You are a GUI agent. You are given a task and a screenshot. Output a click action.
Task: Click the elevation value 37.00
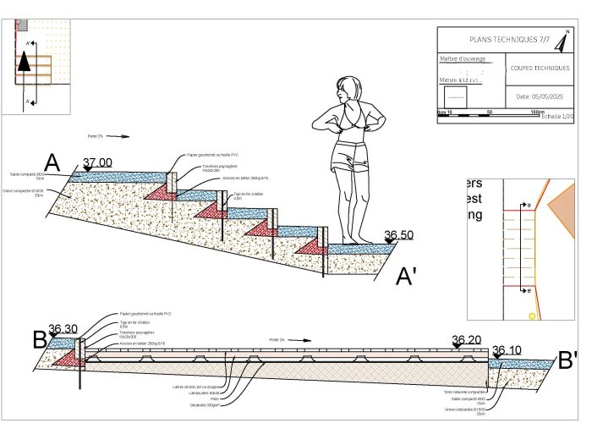point(97,162)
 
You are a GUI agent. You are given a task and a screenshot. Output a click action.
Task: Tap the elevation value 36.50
point(400,235)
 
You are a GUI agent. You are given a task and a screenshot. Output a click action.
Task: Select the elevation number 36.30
point(63,330)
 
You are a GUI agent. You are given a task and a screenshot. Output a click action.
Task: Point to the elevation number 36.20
point(466,341)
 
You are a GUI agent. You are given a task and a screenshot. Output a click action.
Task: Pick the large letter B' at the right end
point(569,359)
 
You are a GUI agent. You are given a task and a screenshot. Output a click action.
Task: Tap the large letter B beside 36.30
point(39,340)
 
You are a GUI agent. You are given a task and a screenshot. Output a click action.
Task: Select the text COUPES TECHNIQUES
point(540,69)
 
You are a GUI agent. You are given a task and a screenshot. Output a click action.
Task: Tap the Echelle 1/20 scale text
point(559,116)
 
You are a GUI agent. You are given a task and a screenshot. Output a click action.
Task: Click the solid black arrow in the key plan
point(25,61)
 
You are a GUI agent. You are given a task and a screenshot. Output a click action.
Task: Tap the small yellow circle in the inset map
point(532,316)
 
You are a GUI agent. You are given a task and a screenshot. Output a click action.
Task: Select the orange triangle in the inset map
point(562,204)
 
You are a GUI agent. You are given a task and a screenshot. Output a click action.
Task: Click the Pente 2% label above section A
point(95,136)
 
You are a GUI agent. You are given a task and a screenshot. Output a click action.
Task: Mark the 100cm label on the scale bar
point(537,112)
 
